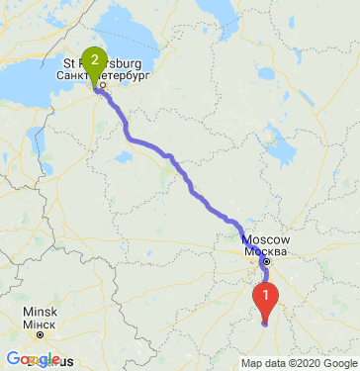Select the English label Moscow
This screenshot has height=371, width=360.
[x=265, y=240]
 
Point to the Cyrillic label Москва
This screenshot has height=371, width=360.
[x=265, y=251]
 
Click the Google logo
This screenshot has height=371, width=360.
[x=32, y=358]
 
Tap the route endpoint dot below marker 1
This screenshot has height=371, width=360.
[x=265, y=322]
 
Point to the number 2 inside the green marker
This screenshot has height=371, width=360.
[x=94, y=59]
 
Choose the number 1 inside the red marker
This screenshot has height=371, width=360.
[x=265, y=294]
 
